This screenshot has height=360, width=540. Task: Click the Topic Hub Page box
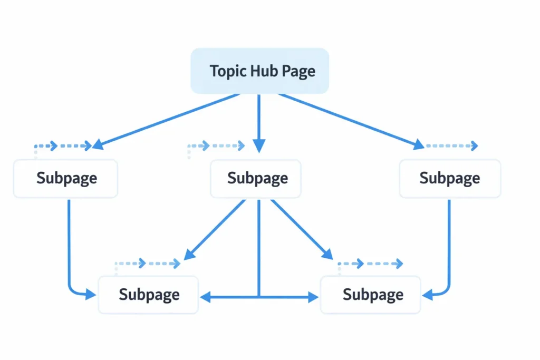click(x=259, y=71)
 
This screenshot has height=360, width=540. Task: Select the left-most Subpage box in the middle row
click(x=66, y=179)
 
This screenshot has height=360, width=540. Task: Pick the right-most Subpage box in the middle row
click(x=449, y=179)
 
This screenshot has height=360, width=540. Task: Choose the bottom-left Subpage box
click(x=149, y=295)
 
